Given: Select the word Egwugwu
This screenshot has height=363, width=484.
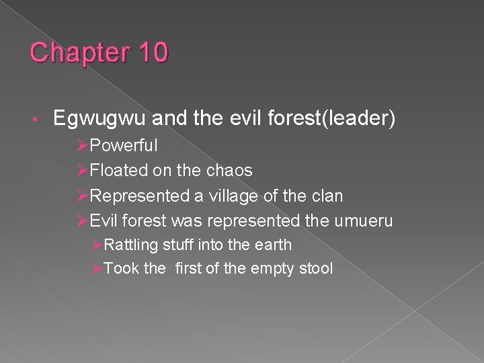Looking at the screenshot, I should click(x=99, y=120).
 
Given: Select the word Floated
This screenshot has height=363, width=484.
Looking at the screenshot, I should click(x=118, y=171).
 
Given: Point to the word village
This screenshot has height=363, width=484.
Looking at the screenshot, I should click(x=232, y=196).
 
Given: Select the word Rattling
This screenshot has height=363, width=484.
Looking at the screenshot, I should click(x=132, y=245).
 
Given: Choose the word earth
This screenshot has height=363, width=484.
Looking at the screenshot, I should click(x=272, y=245).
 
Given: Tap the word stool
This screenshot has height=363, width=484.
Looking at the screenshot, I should click(x=315, y=269).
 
